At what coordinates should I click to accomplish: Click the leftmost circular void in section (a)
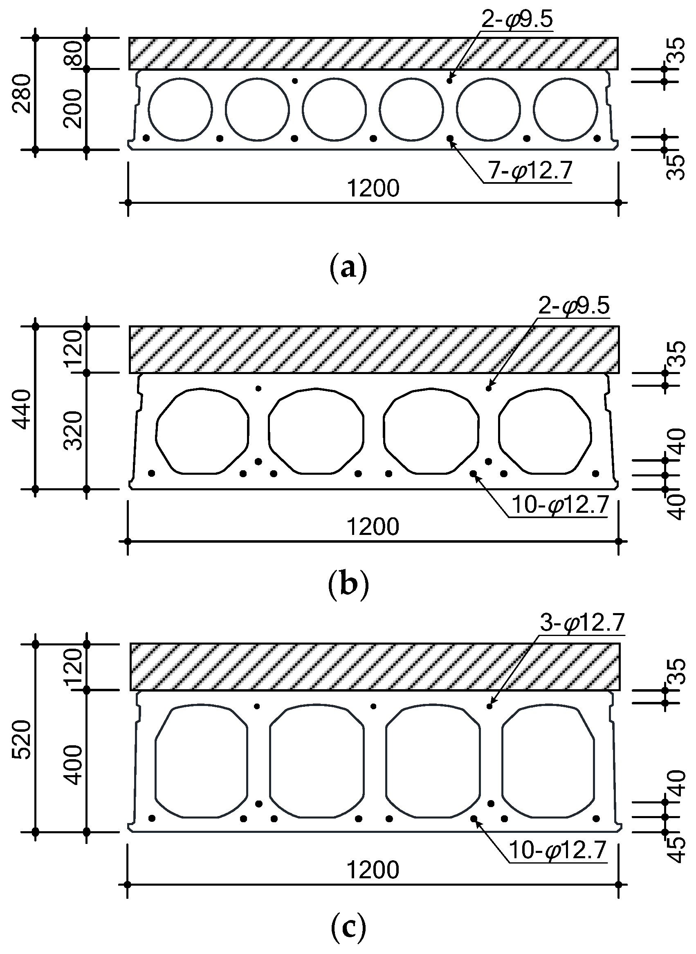[x=180, y=109]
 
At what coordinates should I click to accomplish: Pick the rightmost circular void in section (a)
[x=565, y=109]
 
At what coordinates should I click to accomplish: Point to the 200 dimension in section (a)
[x=73, y=108]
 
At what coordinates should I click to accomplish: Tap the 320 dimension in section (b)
[x=73, y=431]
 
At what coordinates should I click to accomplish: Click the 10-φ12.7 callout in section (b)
[x=560, y=505]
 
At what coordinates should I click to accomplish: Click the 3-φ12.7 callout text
[x=582, y=623]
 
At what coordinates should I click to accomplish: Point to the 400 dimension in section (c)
[x=73, y=764]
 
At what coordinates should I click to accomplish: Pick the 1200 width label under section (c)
[x=373, y=869]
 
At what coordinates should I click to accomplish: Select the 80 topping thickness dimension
[x=73, y=54]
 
